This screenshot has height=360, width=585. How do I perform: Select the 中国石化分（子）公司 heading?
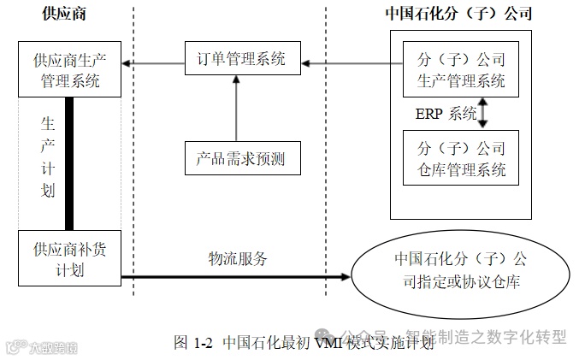click(x=458, y=14)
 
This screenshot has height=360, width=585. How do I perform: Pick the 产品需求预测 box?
click(x=243, y=156)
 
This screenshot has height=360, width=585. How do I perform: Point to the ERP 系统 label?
click(x=446, y=114)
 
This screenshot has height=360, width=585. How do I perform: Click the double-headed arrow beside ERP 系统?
click(x=483, y=113)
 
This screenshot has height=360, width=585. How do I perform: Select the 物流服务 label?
click(x=237, y=257)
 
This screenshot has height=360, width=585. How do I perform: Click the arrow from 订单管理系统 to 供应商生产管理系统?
click(x=154, y=62)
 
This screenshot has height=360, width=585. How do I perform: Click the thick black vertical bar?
click(x=70, y=162)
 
